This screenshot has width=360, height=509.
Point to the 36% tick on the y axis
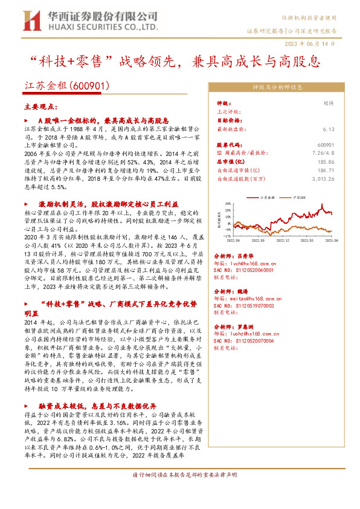pos(228,203)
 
